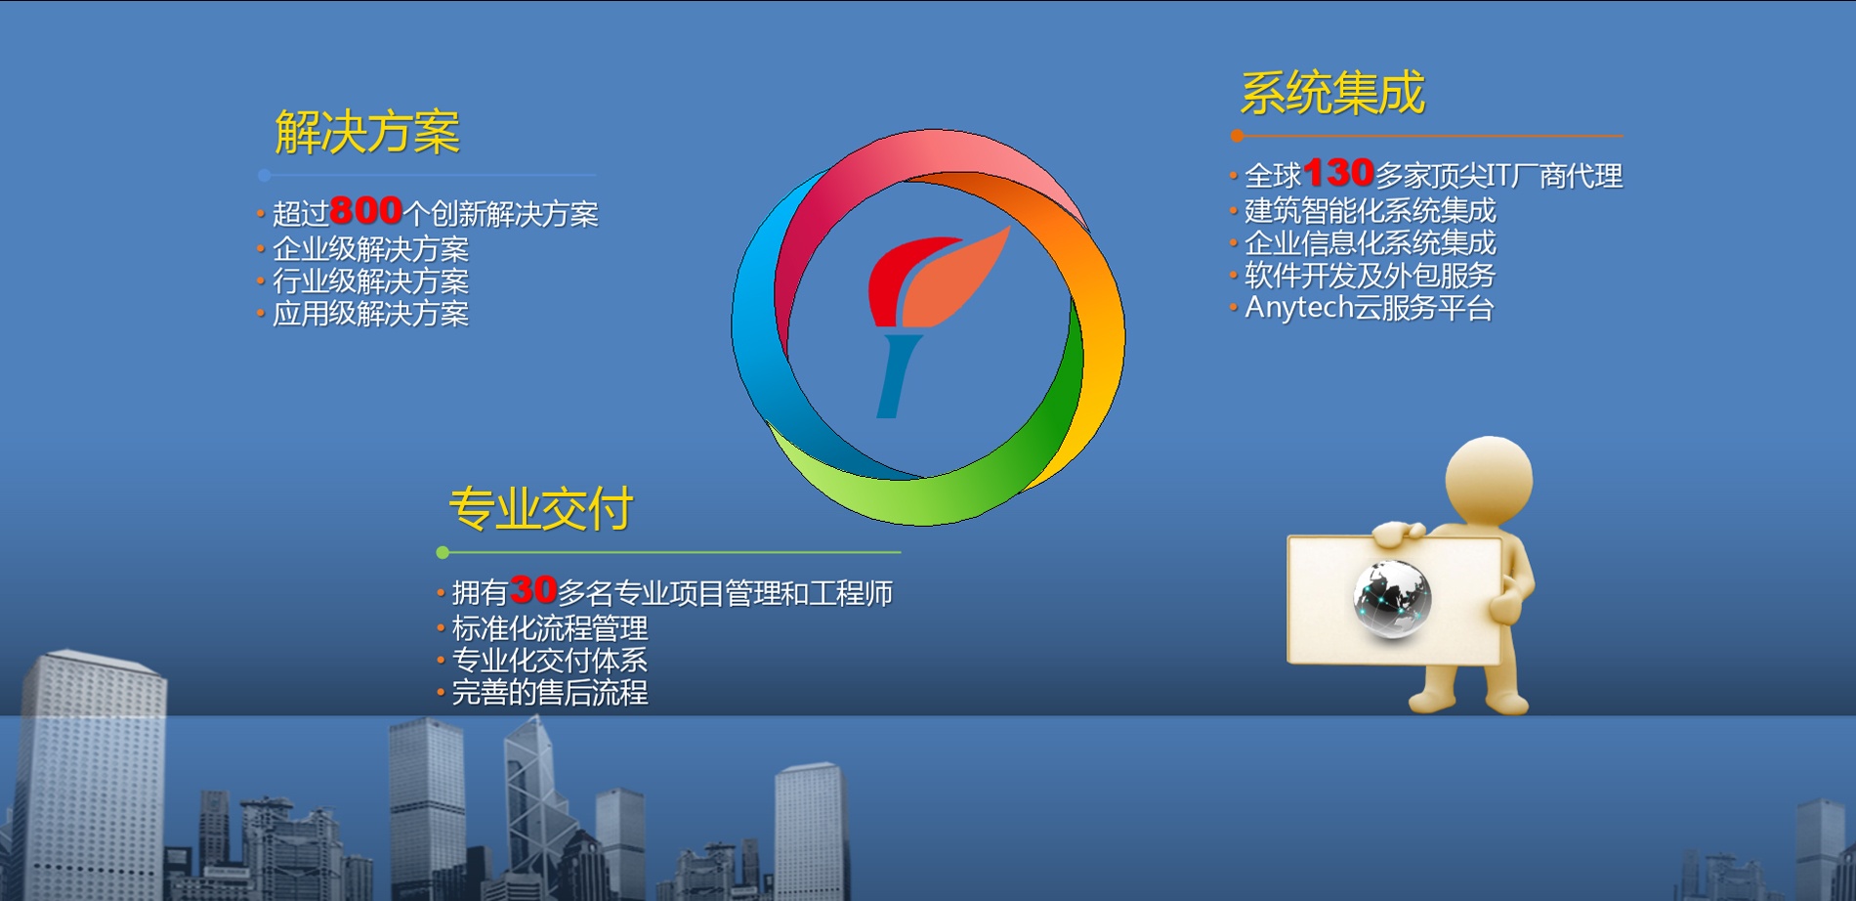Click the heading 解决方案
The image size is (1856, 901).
click(367, 132)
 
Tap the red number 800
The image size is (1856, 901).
click(366, 210)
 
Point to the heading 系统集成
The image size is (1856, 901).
click(1332, 94)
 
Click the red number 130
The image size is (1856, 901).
click(1339, 173)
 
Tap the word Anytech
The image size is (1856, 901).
click(1298, 308)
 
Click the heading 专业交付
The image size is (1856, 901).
click(541, 509)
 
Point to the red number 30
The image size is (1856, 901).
click(533, 589)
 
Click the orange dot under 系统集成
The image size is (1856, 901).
click(1238, 136)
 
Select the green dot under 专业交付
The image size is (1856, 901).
click(443, 553)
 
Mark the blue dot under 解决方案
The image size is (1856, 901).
click(265, 176)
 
